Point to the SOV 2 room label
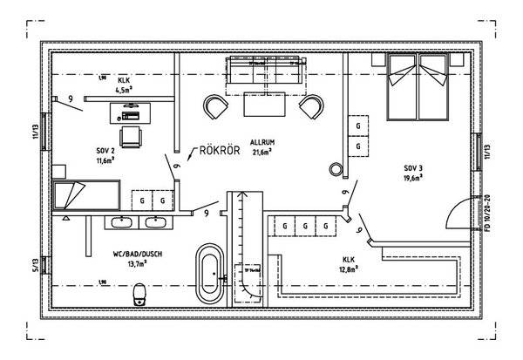106,150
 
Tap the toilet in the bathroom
137,298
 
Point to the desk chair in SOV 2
130,136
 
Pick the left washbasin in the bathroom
123,221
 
